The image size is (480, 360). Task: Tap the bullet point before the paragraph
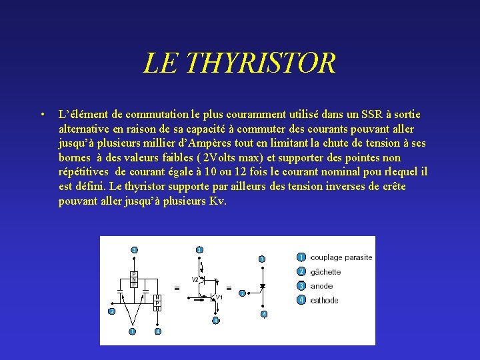pyautogui.click(x=42, y=115)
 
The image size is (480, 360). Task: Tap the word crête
pyautogui.click(x=391, y=187)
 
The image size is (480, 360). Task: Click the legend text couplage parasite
pyautogui.click(x=341, y=257)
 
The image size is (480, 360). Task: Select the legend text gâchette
pyautogui.click(x=325, y=272)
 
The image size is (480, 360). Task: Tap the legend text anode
pyautogui.click(x=321, y=286)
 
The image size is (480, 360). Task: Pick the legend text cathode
pyautogui.click(x=324, y=301)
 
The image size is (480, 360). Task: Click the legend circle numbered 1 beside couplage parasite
pyautogui.click(x=301, y=257)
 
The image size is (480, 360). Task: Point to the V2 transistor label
pyautogui.click(x=195, y=279)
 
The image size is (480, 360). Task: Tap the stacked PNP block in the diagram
pyautogui.click(x=133, y=279)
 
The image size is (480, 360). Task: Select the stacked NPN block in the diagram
pyautogui.click(x=157, y=302)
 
